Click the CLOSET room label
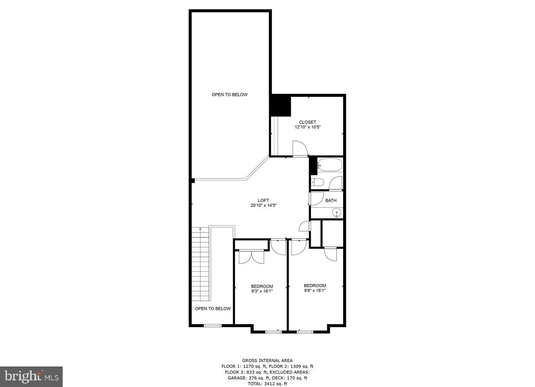pos(307,122)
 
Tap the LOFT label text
pos(263,200)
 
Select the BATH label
pos(331,200)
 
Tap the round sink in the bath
pos(337,212)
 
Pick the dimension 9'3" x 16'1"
pos(262,291)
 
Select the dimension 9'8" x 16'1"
pos(315,290)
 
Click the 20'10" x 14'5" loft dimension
pos(263,205)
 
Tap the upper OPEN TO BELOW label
pos(230,95)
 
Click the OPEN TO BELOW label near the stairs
pos(212,309)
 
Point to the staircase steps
pos(200,264)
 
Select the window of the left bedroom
pos(273,332)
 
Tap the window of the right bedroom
pos(305,332)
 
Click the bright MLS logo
pos(31,377)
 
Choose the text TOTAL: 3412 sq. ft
pos(267,384)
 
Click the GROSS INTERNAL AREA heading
pos(267,361)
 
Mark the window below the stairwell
pos(212,326)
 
